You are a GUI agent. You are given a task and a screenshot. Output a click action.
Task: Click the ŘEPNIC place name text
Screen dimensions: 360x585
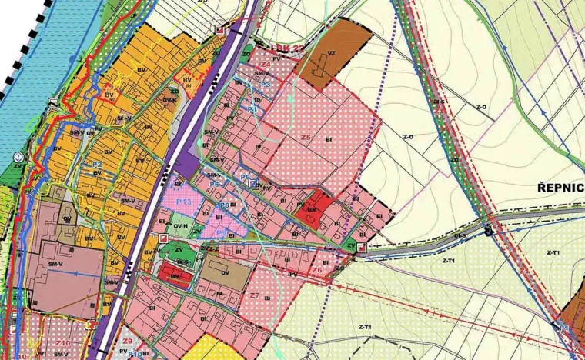tap(560, 188)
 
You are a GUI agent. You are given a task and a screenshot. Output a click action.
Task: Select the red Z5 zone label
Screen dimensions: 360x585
tap(306, 137)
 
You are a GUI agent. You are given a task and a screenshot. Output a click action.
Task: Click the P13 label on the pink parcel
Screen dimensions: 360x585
tap(183, 202)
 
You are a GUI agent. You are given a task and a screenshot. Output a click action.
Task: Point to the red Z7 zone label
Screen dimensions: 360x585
tap(254, 295)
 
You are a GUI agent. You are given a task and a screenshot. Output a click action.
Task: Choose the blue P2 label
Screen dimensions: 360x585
tap(97, 165)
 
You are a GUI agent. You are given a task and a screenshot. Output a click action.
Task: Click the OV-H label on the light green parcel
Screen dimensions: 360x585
tap(181, 225)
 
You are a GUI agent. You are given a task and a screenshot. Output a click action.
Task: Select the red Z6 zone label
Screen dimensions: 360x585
tap(316, 270)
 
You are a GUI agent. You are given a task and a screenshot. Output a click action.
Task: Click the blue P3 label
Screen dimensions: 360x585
tap(265, 84)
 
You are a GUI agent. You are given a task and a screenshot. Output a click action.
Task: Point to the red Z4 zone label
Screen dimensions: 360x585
tap(266, 65)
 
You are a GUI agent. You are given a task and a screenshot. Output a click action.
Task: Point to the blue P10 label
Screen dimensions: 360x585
tap(135, 353)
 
